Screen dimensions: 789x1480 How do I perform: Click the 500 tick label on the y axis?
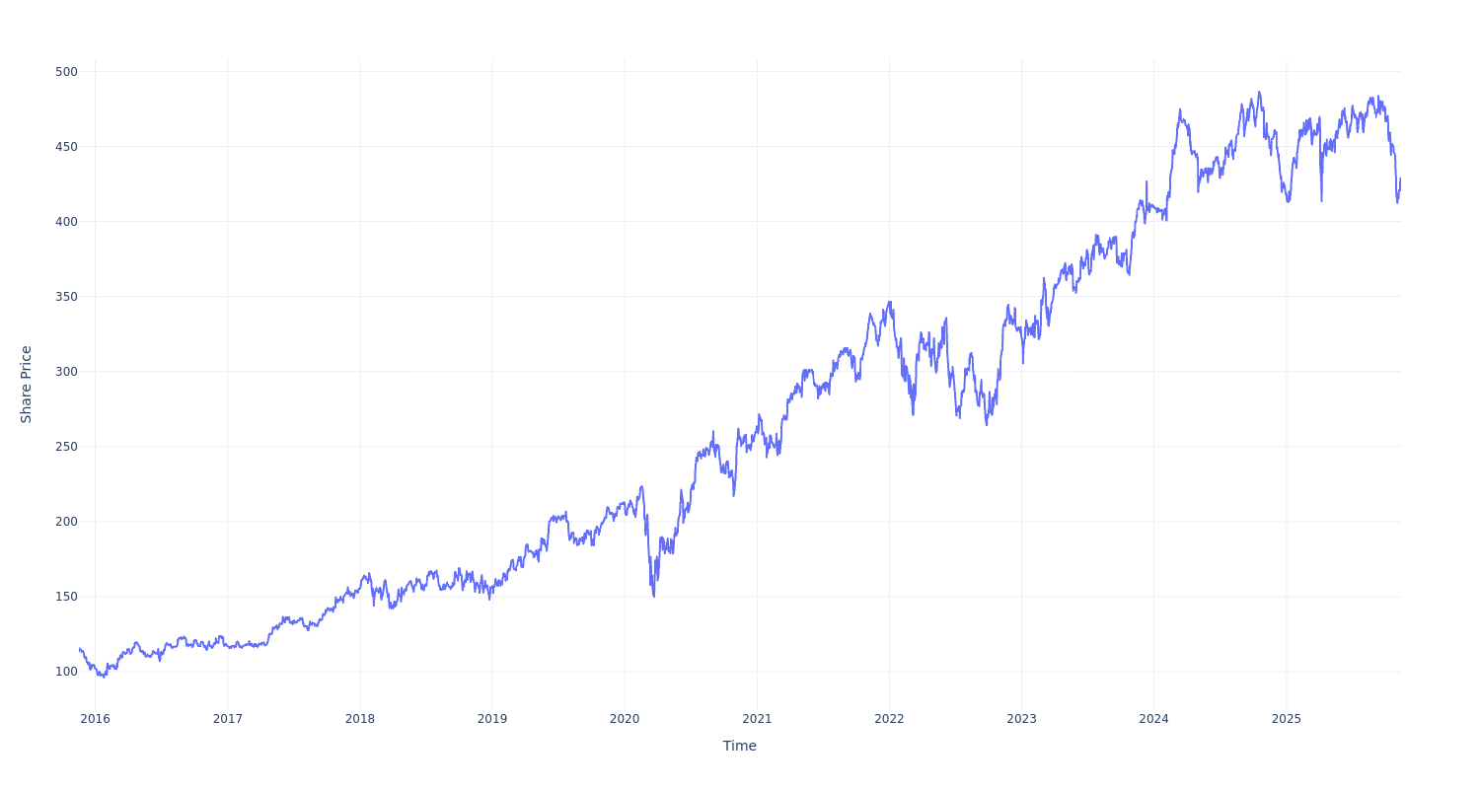(x=66, y=72)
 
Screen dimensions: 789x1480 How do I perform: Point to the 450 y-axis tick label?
(x=66, y=147)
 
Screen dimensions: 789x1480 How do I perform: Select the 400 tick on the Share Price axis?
(x=66, y=222)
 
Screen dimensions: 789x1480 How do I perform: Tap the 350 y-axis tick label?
(x=66, y=297)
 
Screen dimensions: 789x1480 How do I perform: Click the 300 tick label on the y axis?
(x=66, y=372)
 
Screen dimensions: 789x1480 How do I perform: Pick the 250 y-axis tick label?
(x=66, y=447)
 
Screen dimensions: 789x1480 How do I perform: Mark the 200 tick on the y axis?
(x=66, y=522)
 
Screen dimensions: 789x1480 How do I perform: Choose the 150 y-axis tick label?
(x=66, y=597)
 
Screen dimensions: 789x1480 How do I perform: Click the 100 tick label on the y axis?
(x=66, y=672)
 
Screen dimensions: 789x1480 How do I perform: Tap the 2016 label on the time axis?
(x=95, y=719)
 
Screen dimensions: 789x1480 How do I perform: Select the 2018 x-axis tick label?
(x=360, y=719)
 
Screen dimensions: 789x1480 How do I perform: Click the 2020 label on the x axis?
(x=625, y=719)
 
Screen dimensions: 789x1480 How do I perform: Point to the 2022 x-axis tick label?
(x=889, y=719)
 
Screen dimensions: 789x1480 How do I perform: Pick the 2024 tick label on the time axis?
(x=1153, y=719)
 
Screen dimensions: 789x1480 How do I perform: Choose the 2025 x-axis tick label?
(x=1287, y=719)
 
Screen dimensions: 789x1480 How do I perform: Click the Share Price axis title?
(x=27, y=385)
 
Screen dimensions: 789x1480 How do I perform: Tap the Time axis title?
(x=740, y=747)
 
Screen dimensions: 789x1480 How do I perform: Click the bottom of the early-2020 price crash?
(x=653, y=596)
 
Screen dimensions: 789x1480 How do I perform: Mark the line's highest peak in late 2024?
(x=1259, y=93)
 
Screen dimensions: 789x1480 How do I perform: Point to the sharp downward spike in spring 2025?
(x=1321, y=201)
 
